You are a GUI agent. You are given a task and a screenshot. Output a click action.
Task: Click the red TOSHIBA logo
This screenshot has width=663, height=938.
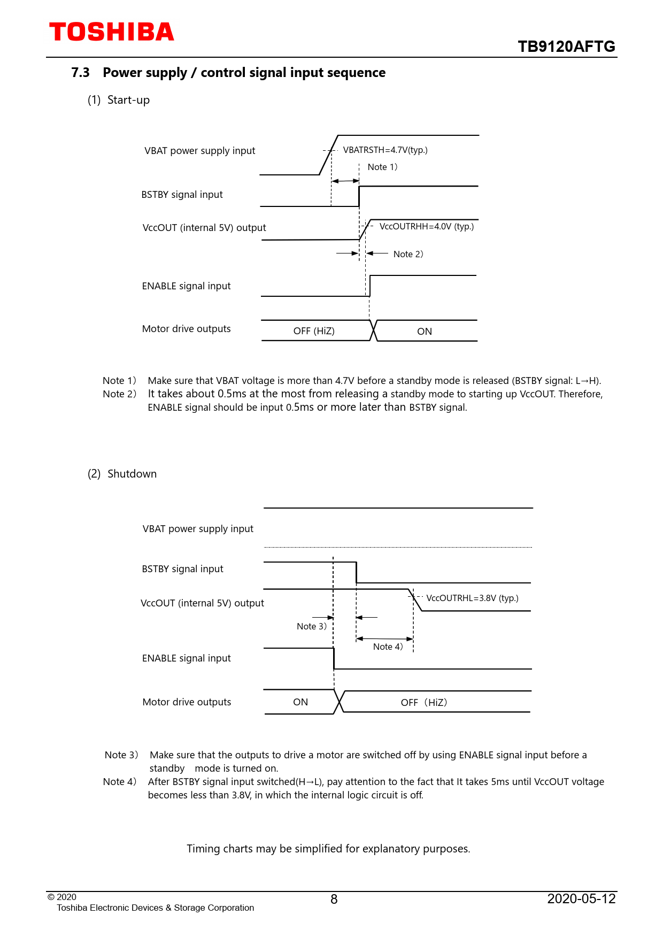point(112,32)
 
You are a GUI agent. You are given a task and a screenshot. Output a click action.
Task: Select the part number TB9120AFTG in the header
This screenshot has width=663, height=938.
point(566,47)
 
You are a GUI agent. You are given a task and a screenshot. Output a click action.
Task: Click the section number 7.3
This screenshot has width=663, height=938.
point(80,73)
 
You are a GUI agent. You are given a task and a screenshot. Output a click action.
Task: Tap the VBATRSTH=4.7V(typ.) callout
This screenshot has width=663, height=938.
point(385,150)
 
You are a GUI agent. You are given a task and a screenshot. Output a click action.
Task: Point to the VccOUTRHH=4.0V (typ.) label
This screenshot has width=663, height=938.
point(426,227)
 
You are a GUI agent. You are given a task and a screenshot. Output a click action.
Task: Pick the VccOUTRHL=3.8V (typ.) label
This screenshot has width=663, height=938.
point(472,598)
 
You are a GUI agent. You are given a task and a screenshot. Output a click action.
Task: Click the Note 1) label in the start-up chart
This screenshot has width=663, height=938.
point(382,167)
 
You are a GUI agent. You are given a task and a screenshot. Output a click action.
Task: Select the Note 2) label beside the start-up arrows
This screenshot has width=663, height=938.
point(408,255)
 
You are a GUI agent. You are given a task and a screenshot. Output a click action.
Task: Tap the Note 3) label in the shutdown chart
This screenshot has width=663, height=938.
point(311,627)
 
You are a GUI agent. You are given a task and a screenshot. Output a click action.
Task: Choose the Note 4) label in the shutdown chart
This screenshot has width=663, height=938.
point(388,647)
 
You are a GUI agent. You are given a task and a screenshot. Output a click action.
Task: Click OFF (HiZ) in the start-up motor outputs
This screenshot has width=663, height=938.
point(314,332)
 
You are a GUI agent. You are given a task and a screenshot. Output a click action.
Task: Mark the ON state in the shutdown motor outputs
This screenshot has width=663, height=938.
point(300,702)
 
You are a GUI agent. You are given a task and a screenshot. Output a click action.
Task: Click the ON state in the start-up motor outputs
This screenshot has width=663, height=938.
point(425,332)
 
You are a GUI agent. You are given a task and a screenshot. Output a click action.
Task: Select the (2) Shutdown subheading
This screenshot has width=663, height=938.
point(122,474)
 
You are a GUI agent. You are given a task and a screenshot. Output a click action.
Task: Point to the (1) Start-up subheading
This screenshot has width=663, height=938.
point(119,100)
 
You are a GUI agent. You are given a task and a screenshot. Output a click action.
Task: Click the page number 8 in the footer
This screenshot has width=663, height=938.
point(334,899)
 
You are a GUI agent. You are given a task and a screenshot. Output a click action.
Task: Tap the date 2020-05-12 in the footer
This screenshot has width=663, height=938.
point(581,899)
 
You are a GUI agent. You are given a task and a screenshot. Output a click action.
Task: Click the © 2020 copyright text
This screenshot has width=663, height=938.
point(62,897)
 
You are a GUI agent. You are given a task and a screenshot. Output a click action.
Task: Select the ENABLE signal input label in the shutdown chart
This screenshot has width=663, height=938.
point(186,658)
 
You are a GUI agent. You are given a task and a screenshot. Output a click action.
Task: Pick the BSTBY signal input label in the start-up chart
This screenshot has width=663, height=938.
point(182,195)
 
